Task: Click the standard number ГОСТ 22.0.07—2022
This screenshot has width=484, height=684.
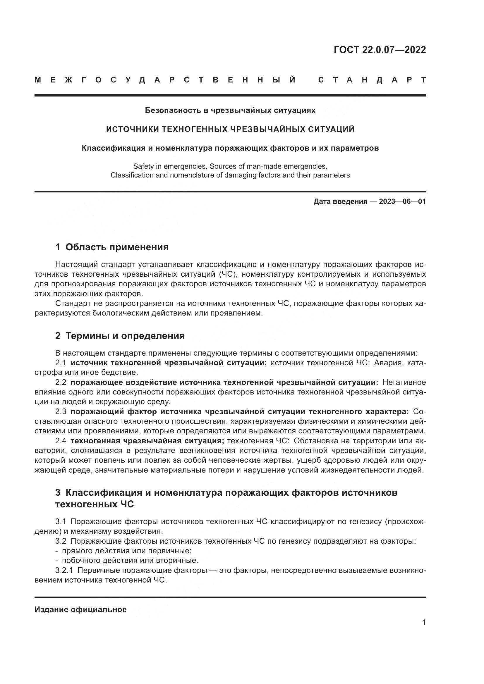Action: click(380, 49)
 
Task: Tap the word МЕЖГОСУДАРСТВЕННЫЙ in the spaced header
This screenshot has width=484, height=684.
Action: click(165, 80)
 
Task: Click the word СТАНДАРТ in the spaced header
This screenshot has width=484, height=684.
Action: click(372, 80)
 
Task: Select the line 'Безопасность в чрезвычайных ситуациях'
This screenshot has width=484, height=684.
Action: click(230, 110)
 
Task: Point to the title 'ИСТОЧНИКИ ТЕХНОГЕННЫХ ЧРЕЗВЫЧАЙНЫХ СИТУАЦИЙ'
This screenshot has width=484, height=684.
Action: click(230, 129)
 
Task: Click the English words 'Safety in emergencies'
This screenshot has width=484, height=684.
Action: click(170, 166)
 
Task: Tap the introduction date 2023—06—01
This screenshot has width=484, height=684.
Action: click(402, 202)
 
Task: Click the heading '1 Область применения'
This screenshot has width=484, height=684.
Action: click(112, 247)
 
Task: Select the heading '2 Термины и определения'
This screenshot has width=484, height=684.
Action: click(120, 336)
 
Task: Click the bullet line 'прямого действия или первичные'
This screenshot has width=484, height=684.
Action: click(126, 551)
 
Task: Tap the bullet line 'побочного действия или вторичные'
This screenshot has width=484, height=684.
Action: click(130, 560)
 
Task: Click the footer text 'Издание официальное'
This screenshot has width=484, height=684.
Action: click(80, 609)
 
